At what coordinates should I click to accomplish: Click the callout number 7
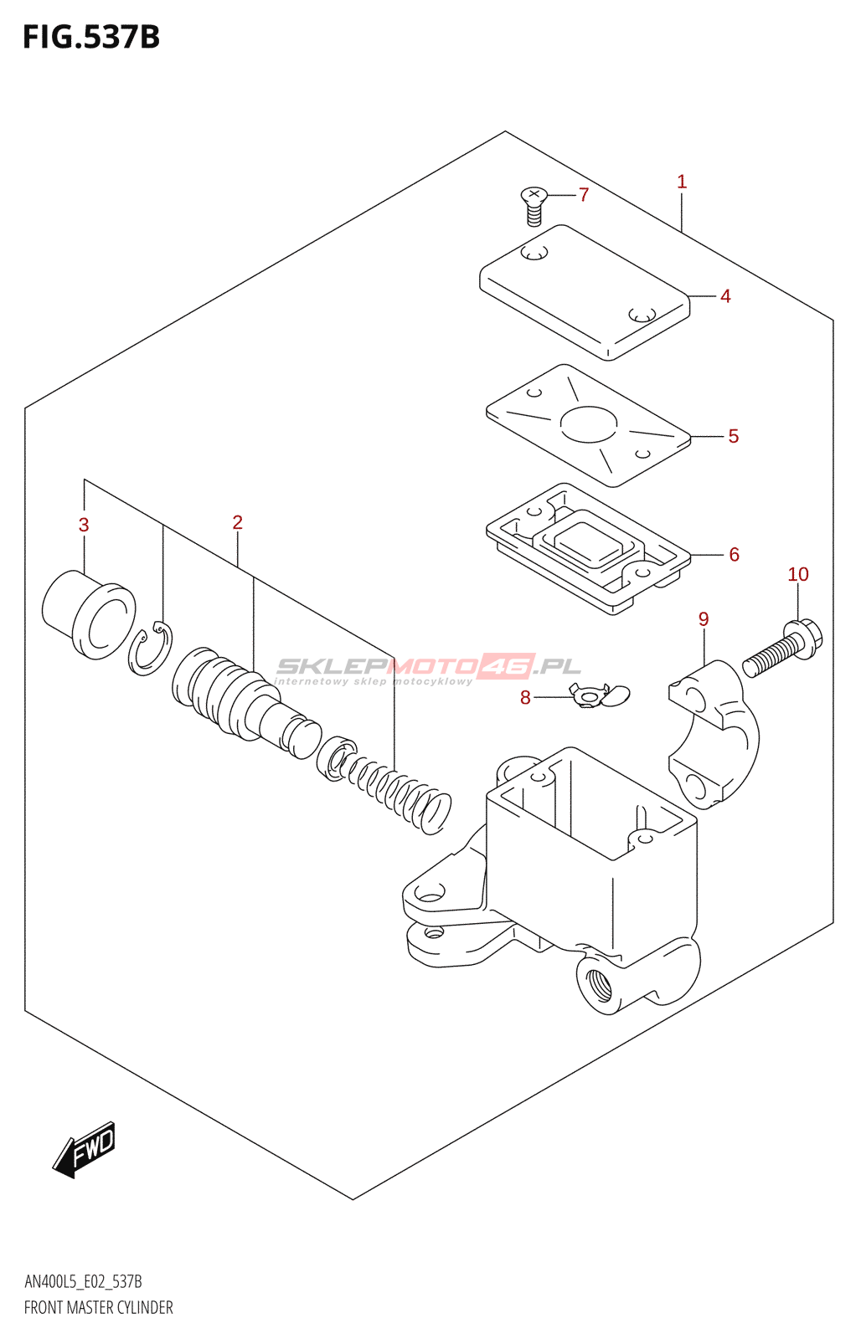pyautogui.click(x=584, y=195)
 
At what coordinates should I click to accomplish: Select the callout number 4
pyautogui.click(x=725, y=296)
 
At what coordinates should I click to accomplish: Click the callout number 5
pyautogui.click(x=733, y=436)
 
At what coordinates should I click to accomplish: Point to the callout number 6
pyautogui.click(x=734, y=554)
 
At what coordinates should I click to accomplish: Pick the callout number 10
pyautogui.click(x=797, y=574)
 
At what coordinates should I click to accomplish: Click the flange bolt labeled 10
pyautogui.click(x=784, y=649)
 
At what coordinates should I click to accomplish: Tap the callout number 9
pyautogui.click(x=704, y=619)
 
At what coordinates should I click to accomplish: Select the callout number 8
pyautogui.click(x=525, y=698)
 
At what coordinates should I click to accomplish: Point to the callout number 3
pyautogui.click(x=84, y=525)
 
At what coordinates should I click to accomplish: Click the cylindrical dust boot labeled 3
pyautogui.click(x=88, y=613)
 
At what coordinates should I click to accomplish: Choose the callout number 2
pyautogui.click(x=237, y=522)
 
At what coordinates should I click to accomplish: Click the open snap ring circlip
pyautogui.click(x=151, y=649)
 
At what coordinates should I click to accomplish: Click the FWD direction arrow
pyautogui.click(x=85, y=1149)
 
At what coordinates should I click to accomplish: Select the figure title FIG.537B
pyautogui.click(x=90, y=38)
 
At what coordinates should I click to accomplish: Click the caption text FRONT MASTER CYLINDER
pyautogui.click(x=98, y=1307)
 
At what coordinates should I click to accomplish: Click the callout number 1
pyautogui.click(x=682, y=182)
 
